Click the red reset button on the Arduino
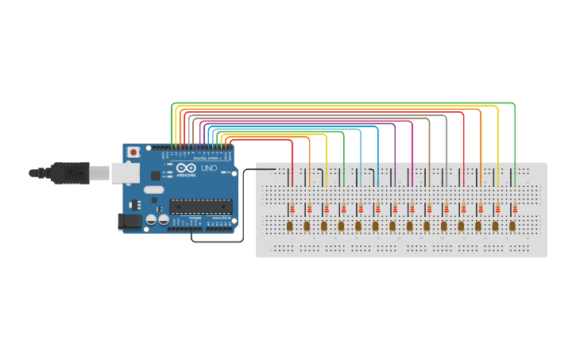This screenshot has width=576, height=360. pyautogui.click(x=134, y=151)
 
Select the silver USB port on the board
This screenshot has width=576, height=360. pyautogui.click(x=124, y=172)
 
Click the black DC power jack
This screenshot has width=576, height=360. pyautogui.click(x=129, y=222)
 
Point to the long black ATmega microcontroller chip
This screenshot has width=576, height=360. pyautogui.click(x=200, y=207)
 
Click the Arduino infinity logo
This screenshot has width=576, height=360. pyautogui.click(x=186, y=168)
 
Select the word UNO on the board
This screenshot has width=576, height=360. pyautogui.click(x=208, y=168)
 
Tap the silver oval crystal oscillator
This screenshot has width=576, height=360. pyautogui.click(x=153, y=189)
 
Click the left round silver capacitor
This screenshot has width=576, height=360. pyautogui.click(x=151, y=219)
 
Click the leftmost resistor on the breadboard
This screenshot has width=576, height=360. pyautogui.click(x=292, y=208)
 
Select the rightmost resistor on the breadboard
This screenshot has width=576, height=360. pyautogui.click(x=514, y=208)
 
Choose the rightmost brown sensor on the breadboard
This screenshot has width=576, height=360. pyautogui.click(x=512, y=226)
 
